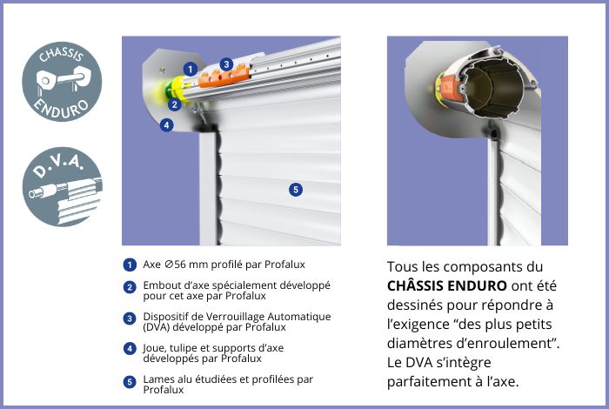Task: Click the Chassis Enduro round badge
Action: pos(62,82)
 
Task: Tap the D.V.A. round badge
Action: pos(62,186)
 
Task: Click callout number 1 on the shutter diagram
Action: pos(190,70)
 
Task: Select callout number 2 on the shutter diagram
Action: pos(175,104)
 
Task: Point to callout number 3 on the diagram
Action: pos(226,64)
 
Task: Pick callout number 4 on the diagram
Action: pos(167,125)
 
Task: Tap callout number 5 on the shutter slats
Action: pos(296,190)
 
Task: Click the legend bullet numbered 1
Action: pos(130,265)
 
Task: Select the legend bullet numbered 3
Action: pos(130,318)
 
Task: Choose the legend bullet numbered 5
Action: pos(130,382)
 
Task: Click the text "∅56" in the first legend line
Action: pos(175,265)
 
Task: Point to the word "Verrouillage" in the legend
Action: pos(234,317)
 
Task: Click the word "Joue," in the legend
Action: pos(154,348)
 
